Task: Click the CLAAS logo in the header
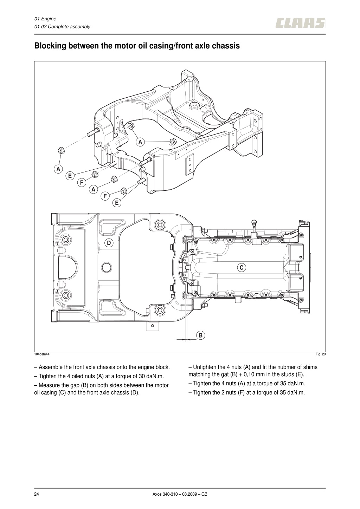tap(300, 23)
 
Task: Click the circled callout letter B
tap(200, 335)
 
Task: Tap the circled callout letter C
tap(242, 267)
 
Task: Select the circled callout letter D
tap(109, 243)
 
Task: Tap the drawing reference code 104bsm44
tap(42, 354)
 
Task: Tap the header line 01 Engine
tap(45, 19)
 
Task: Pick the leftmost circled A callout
tap(58, 169)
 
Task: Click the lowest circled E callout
tap(117, 203)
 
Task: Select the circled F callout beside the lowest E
tap(105, 196)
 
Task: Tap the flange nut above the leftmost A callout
tap(60, 150)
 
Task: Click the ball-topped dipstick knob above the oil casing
tap(254, 222)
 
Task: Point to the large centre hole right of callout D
tap(107, 267)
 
